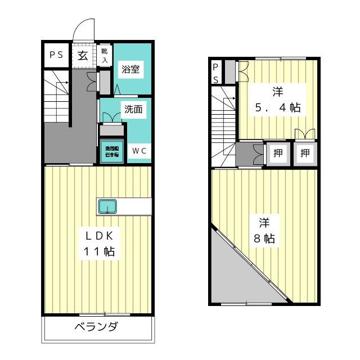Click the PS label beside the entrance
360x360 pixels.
pyautogui.click(x=55, y=55)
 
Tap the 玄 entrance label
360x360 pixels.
pyautogui.click(x=83, y=55)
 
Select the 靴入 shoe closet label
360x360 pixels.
pyautogui.click(x=104, y=56)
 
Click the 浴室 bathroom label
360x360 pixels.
pyautogui.click(x=131, y=70)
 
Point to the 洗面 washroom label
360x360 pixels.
pyautogui.click(x=134, y=110)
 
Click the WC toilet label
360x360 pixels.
pyautogui.click(x=139, y=150)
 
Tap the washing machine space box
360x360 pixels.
pyautogui.click(x=112, y=151)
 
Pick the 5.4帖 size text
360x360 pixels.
pyautogui.click(x=277, y=108)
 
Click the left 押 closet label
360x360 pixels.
pyautogui.click(x=277, y=152)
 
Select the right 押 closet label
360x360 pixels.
pyautogui.click(x=305, y=152)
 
